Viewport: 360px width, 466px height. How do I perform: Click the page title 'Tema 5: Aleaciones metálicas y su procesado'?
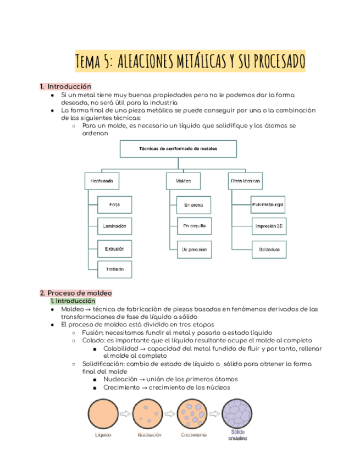tap(190, 61)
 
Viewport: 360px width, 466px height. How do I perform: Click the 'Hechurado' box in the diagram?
tap(102, 181)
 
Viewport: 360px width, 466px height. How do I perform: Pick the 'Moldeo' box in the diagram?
tap(184, 181)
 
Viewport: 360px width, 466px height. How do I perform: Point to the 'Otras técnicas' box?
tap(245, 181)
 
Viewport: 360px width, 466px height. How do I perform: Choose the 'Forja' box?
tap(114, 205)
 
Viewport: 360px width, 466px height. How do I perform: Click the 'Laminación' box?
tap(114, 226)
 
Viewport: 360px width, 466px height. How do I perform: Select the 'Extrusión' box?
tap(114, 249)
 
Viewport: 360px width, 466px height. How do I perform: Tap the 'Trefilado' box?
tap(114, 269)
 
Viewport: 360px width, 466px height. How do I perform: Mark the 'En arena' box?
tap(194, 206)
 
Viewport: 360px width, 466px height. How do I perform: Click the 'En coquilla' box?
tap(194, 226)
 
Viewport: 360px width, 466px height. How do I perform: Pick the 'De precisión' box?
tap(194, 249)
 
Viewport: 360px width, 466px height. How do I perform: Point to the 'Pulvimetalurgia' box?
tap(268, 205)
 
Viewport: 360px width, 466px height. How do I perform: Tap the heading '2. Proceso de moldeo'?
tap(75, 293)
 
